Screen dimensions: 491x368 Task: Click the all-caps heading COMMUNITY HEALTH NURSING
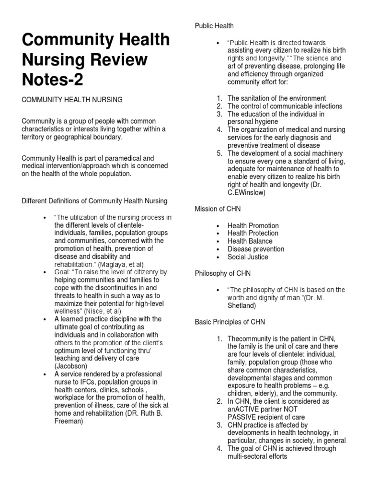coord(72,99)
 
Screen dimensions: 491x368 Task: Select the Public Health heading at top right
coord(214,25)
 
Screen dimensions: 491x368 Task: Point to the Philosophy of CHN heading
coord(222,273)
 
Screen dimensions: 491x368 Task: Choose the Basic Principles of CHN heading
coord(230,322)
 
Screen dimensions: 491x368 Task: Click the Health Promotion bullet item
coord(253,225)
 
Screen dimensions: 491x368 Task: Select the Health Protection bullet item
coord(253,233)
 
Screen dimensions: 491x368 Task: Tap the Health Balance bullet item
coord(250,241)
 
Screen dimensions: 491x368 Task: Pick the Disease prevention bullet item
coord(256,249)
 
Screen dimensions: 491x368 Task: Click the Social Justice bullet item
coord(248,257)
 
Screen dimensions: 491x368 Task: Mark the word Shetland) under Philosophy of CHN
coord(242,305)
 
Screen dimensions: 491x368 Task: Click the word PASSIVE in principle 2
coord(245,417)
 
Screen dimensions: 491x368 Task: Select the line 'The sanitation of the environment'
coord(276,98)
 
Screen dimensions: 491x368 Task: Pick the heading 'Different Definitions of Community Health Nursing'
coord(94,200)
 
